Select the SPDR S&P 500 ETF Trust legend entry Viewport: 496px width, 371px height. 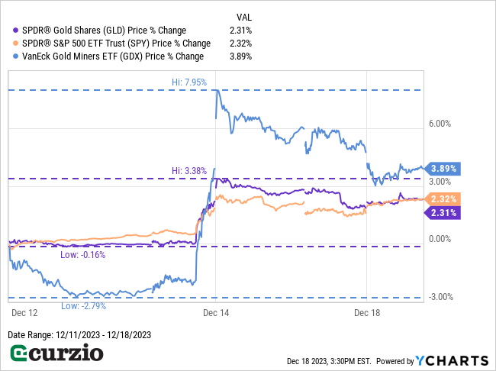111,44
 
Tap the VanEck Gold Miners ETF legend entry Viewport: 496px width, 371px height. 108,56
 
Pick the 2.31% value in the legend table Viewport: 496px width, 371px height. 240,31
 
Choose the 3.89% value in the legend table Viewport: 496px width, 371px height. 240,56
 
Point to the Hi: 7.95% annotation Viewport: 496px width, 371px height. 189,81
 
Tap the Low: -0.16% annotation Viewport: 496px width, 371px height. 82,255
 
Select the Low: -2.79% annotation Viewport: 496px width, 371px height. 82,305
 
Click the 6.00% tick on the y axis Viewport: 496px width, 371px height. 440,124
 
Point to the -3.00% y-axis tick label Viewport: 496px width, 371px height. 440,297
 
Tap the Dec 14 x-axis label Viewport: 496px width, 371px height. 216,312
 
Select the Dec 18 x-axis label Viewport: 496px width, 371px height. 367,312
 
